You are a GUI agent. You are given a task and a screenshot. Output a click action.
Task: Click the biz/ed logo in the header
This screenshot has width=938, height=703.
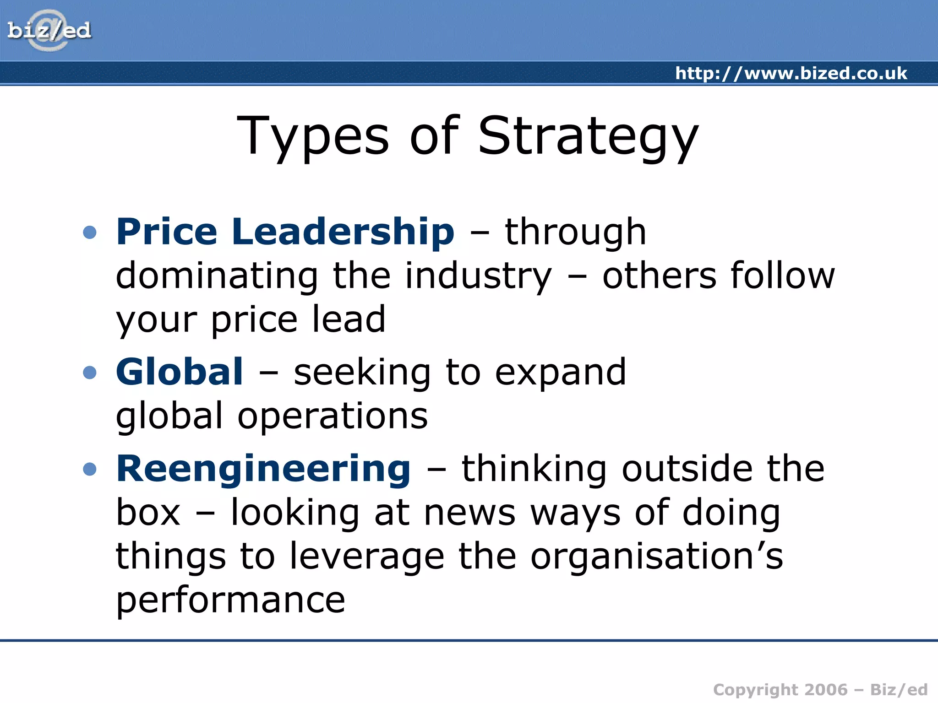49,31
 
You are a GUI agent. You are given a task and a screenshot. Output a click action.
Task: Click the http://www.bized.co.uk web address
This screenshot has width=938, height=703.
791,73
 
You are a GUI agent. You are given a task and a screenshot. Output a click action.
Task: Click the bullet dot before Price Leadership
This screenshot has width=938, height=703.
90,232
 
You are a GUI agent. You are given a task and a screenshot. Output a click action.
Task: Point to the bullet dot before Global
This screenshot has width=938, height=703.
90,372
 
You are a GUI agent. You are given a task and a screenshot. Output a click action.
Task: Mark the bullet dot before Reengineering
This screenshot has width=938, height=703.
90,469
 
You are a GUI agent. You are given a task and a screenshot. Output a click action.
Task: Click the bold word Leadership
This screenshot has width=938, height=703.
343,232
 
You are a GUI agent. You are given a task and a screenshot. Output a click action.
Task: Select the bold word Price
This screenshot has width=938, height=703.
167,232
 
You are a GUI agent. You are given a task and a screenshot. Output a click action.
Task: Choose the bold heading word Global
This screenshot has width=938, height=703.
180,372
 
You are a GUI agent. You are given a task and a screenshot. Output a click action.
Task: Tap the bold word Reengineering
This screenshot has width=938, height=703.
264,470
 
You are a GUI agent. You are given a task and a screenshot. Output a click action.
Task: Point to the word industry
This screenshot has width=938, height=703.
479,276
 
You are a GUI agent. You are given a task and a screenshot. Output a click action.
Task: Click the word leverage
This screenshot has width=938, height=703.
367,557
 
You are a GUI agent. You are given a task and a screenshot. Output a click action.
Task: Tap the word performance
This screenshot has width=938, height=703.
230,600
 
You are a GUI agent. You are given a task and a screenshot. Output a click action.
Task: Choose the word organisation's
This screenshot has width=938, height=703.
657,556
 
